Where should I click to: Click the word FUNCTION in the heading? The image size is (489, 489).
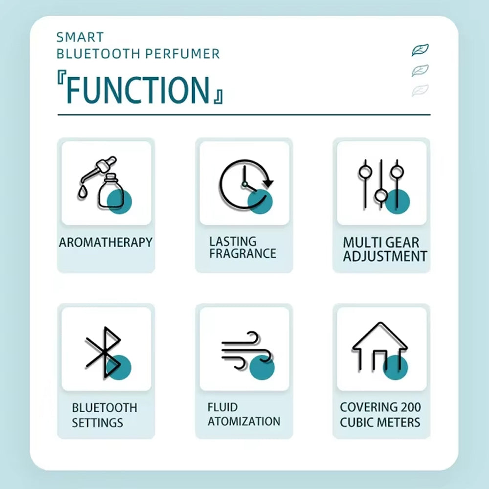click(137, 90)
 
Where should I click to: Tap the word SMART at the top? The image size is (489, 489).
click(80, 38)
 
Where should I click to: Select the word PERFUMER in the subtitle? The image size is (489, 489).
click(182, 54)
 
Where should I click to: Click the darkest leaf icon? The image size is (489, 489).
click(420, 50)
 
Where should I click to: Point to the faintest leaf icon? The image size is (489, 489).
click(420, 90)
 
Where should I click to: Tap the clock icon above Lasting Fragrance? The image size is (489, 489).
click(246, 186)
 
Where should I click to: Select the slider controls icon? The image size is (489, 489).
click(383, 186)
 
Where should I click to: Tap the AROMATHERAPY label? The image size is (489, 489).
click(106, 243)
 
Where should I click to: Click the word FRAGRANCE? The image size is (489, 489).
click(243, 253)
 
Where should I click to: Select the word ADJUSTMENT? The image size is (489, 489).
click(385, 256)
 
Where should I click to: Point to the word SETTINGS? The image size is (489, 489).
click(97, 423)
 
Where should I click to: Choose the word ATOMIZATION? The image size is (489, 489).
click(244, 422)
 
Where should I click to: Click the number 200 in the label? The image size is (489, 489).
click(411, 407)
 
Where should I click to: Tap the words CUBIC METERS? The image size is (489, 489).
click(380, 422)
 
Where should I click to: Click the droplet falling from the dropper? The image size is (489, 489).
click(82, 192)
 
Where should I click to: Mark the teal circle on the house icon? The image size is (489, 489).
click(396, 367)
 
